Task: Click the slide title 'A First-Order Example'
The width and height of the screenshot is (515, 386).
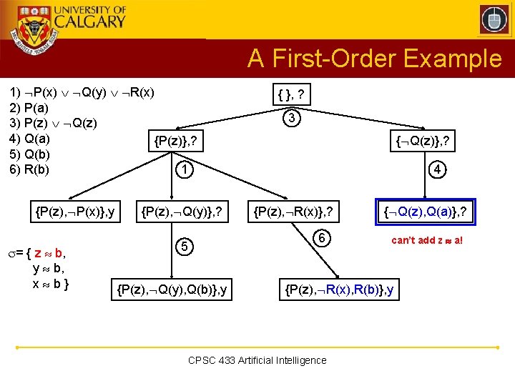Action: click(x=375, y=59)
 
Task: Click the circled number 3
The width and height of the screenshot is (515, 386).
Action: click(x=291, y=118)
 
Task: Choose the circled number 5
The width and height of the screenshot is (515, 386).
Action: click(x=185, y=247)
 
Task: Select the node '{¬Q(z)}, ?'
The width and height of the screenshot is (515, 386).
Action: click(x=423, y=143)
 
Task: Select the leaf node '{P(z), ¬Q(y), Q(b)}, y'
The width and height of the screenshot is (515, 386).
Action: click(x=172, y=289)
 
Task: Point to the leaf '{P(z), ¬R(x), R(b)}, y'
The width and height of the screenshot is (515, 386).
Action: click(x=339, y=289)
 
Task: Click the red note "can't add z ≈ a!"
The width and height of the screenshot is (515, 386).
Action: click(x=428, y=240)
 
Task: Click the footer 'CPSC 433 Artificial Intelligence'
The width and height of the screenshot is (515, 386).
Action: click(x=257, y=360)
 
